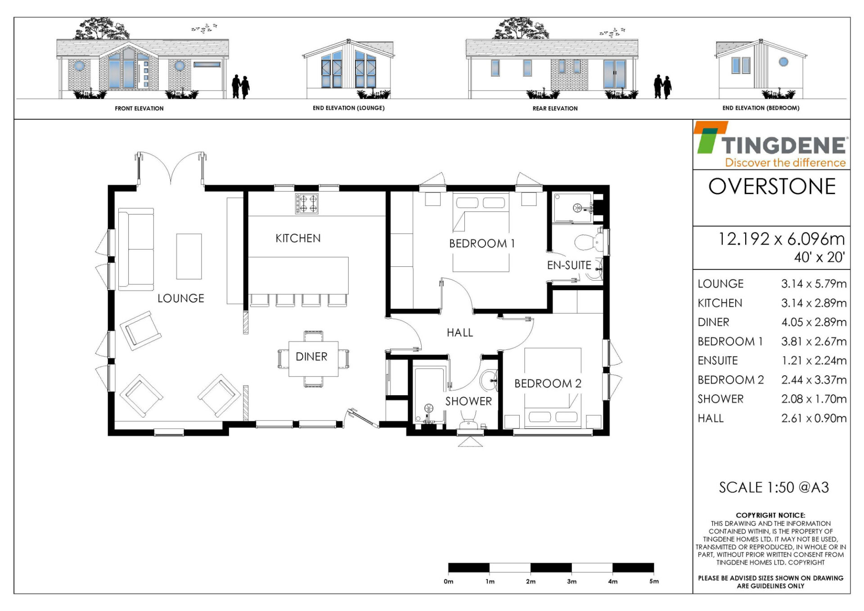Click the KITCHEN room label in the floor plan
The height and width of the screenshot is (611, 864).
pos(298,238)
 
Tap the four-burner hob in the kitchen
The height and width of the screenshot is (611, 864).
pos(307,203)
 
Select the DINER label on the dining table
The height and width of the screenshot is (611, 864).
pos(311,356)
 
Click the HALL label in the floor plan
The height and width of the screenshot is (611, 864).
pos(459,333)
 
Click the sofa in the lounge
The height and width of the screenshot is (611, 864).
pos(136,249)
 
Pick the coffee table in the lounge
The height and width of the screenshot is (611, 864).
pos(189,256)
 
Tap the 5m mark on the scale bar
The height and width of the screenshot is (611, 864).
pos(654,581)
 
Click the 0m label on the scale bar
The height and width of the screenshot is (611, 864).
pos(448,581)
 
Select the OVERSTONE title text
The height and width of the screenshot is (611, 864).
pos(772,187)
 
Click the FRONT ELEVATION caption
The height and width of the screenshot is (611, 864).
pos(139,108)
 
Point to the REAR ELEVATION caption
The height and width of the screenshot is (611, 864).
pos(555,108)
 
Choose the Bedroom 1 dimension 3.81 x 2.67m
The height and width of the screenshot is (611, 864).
pos(814,342)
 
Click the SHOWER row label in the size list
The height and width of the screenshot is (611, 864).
pos(720,399)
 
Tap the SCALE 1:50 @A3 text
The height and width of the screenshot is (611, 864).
pos(774,487)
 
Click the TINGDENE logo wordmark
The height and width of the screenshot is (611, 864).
pos(785,145)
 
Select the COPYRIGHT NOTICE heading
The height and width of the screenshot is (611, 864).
pos(770,515)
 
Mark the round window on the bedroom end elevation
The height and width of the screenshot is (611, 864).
pos(783,62)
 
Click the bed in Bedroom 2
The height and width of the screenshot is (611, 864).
pos(553,388)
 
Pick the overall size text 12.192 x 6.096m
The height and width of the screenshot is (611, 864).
pos(781,239)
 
